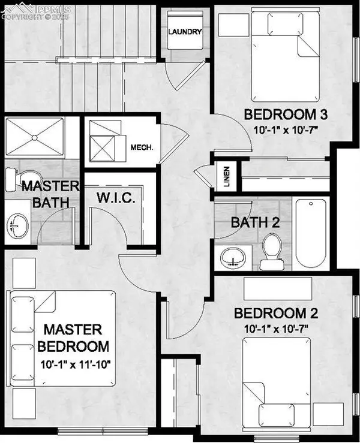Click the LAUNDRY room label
click(185, 31)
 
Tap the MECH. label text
click(142, 147)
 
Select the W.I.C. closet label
click(116, 197)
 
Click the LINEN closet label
click(227, 177)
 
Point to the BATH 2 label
click(256, 222)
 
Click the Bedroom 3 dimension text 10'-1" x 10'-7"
click(286, 130)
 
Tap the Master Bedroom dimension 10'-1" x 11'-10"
click(75, 364)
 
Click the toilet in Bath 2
click(272, 251)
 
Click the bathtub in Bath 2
click(311, 233)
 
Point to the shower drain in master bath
click(35, 138)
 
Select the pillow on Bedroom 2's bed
click(276, 414)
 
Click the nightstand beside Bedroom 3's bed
click(234, 25)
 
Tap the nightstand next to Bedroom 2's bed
click(328, 415)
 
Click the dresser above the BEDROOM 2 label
click(278, 288)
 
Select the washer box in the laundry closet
click(185, 30)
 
